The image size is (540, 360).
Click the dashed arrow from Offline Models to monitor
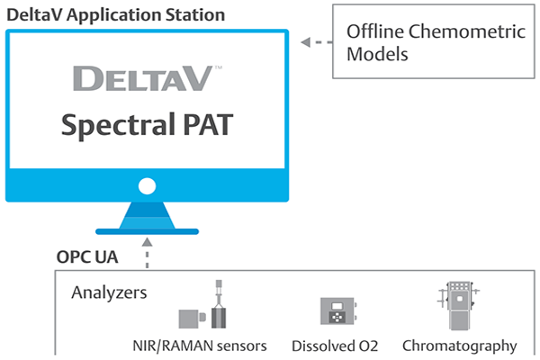(x=314, y=41)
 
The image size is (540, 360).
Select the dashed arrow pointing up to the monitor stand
(x=146, y=253)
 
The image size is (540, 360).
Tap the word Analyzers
(x=109, y=292)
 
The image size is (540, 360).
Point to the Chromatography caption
(x=459, y=346)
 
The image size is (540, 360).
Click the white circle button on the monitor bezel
(x=147, y=188)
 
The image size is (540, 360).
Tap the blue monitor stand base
(x=146, y=221)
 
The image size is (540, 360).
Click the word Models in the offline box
(x=373, y=55)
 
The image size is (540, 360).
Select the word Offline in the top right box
(x=373, y=32)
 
